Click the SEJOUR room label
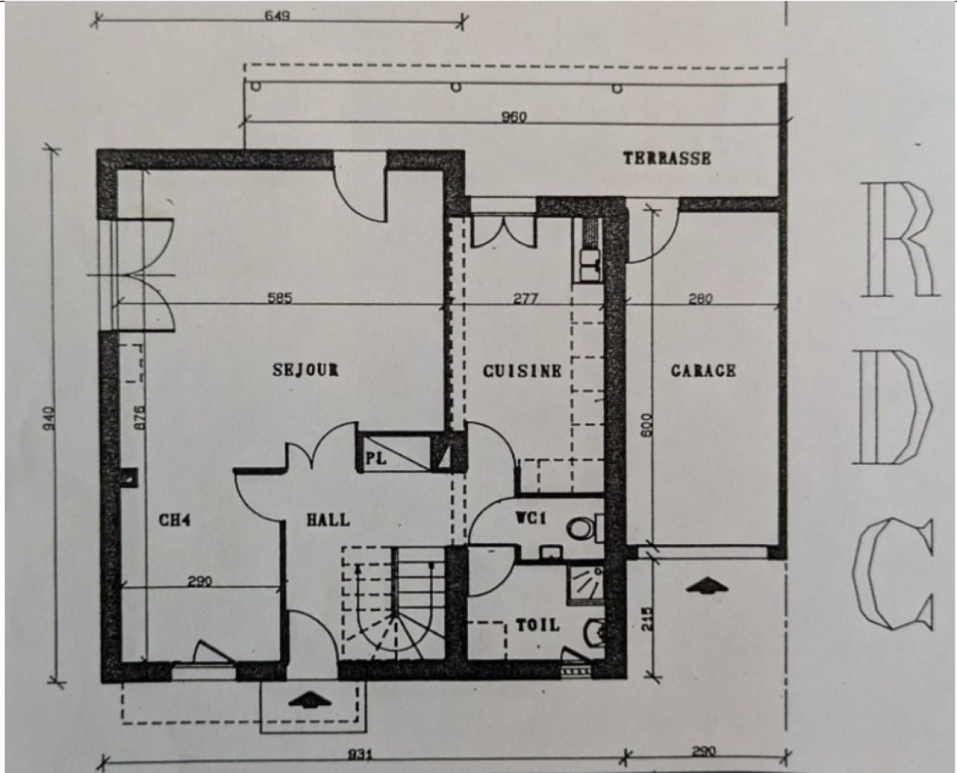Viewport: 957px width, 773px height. [306, 370]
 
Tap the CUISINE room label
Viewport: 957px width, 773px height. [522, 371]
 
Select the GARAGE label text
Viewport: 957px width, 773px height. [703, 371]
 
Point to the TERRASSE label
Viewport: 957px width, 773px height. [666, 158]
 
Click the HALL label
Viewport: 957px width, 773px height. [329, 520]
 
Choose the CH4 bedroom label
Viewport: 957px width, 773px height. [175, 520]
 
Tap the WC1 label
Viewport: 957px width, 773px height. [531, 517]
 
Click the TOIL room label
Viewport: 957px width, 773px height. [538, 625]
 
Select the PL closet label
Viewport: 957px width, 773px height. [376, 458]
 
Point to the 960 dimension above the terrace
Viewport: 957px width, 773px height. [514, 117]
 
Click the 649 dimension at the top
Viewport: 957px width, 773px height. [277, 15]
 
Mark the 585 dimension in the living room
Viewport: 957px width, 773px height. [280, 298]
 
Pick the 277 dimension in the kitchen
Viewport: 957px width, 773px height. [525, 298]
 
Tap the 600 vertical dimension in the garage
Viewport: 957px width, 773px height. [646, 427]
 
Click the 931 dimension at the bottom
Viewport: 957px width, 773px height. [359, 755]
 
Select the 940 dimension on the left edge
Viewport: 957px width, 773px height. [49, 418]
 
